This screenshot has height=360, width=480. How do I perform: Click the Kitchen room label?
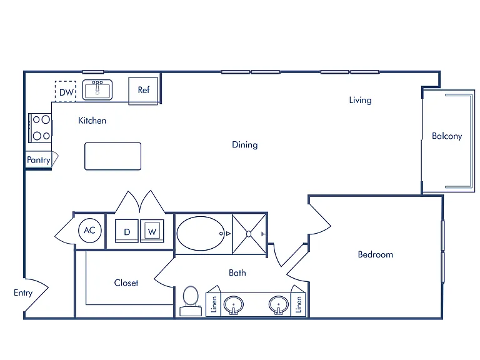click(92, 121)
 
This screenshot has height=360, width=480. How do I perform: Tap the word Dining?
click(245, 145)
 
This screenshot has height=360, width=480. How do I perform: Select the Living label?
click(360, 101)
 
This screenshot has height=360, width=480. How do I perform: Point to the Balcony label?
click(447, 136)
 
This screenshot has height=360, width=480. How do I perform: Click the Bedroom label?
click(375, 254)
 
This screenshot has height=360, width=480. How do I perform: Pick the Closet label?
click(126, 283)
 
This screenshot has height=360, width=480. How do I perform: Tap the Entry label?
click(23, 293)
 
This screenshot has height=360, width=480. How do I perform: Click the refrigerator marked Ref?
click(143, 91)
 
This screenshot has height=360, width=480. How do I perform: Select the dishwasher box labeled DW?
click(66, 91)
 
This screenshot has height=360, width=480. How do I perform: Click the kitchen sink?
click(97, 90)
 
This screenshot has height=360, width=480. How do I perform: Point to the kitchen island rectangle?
click(113, 156)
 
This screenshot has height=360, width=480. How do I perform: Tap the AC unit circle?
click(90, 231)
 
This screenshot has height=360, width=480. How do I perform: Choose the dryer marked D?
click(127, 231)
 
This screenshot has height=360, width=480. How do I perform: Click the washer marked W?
click(152, 231)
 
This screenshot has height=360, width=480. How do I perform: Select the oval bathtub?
click(201, 234)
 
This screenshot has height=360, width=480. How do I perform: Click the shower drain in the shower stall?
click(249, 234)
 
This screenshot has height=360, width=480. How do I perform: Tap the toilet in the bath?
click(191, 301)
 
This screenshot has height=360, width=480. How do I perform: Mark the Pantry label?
click(39, 160)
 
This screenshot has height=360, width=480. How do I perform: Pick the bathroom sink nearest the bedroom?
click(279, 305)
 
